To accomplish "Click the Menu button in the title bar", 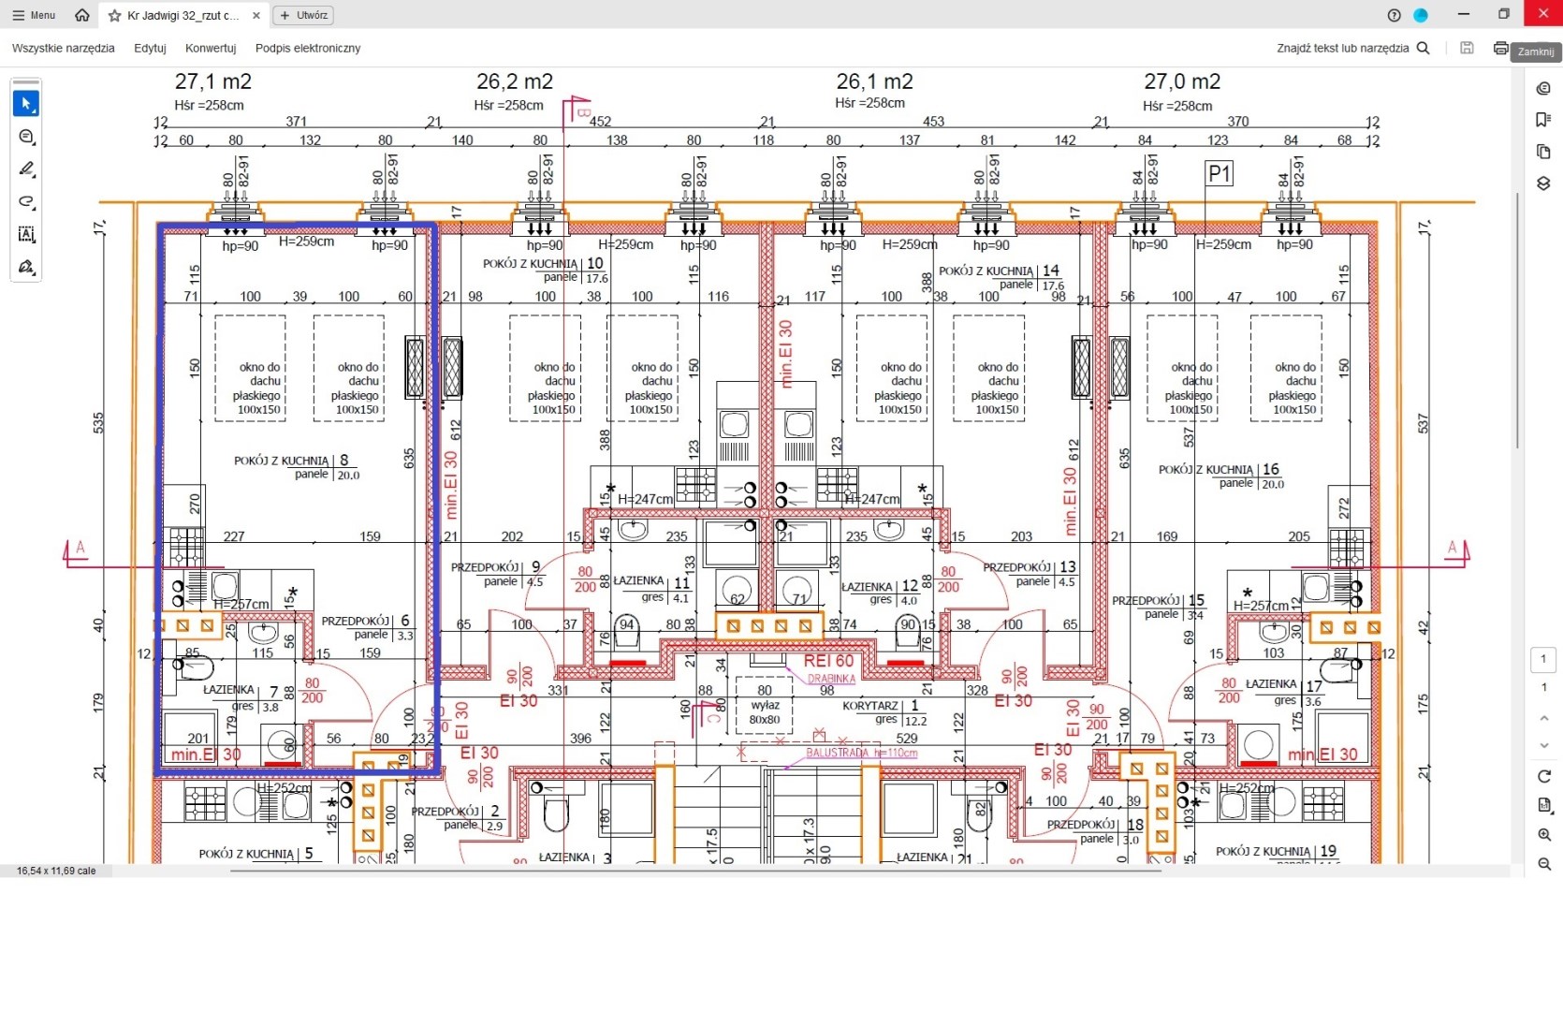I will point(34,15).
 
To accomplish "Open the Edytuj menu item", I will point(150,48).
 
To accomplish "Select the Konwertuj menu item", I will point(211,48).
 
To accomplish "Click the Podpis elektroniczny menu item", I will point(308,48).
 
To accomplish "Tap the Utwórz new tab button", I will point(303,15).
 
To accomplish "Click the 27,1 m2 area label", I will point(213,82).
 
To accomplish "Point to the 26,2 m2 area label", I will point(515,82).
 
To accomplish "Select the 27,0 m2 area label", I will point(1182,82).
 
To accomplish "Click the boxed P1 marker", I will point(1219,173).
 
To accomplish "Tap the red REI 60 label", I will point(828,661).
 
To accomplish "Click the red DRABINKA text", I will point(831,679).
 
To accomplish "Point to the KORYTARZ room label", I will point(870,706).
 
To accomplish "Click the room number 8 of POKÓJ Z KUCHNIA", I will point(344,460).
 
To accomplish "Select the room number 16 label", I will point(1270,469).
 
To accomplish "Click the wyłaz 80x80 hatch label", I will point(765,712).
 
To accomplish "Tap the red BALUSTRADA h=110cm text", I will point(861,753).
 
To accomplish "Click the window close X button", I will point(1542,14).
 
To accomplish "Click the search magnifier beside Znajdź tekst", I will point(1423,48).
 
